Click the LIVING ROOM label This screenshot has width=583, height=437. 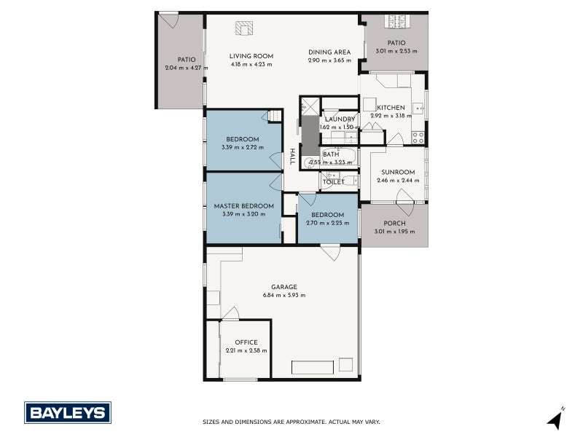(251, 56)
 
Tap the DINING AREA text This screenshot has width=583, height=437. (329, 52)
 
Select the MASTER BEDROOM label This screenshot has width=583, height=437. (243, 206)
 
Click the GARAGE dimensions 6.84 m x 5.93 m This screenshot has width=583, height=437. (283, 295)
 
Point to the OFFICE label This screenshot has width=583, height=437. (246, 342)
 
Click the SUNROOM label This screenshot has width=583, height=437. (397, 172)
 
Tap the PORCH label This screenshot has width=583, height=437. (394, 224)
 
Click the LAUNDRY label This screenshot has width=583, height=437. (340, 119)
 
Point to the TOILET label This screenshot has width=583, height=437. (334, 182)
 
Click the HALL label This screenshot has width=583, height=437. (292, 157)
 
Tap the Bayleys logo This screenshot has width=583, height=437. (68, 413)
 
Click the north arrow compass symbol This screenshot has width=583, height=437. (557, 419)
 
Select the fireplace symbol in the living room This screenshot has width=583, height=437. (243, 28)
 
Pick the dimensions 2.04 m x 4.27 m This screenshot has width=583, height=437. (187, 68)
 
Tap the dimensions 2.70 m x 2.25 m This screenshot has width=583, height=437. (327, 223)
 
